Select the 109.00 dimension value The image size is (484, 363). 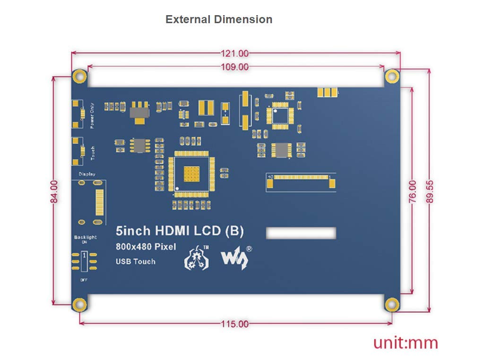(235, 67)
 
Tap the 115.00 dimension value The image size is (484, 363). (235, 324)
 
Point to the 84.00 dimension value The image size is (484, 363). (54, 191)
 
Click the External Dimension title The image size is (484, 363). (219, 19)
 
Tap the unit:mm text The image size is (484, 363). (406, 343)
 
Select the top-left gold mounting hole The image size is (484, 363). (79, 76)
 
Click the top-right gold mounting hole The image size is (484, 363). (391, 76)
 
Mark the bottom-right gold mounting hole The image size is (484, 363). (391, 304)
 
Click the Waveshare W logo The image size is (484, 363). (235, 258)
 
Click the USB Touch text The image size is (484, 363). (136, 261)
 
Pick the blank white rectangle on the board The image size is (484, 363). (301, 233)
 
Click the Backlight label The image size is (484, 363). (85, 237)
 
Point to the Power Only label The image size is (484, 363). (92, 115)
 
